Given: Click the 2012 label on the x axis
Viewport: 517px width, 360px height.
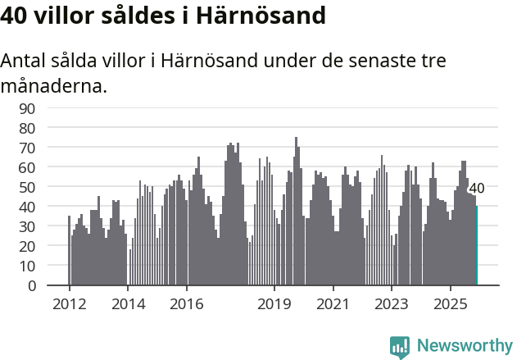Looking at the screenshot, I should point(69,303).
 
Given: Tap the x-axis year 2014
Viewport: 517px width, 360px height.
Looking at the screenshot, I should point(128,303).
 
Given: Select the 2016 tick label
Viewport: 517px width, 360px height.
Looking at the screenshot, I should point(187,303).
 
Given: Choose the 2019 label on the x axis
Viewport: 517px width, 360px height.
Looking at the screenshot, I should point(274,303).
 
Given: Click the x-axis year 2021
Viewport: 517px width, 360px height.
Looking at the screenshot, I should point(333,303).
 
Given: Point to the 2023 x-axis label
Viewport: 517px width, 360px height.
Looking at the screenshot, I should point(392,303).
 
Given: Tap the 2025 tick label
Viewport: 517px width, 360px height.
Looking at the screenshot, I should point(451,303).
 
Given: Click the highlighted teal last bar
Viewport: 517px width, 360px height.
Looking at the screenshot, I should point(476,246).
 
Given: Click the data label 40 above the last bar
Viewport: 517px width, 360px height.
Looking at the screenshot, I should point(476,189).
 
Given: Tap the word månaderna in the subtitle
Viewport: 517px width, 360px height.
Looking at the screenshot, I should point(54,85).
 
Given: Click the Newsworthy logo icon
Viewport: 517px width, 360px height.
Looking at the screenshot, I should point(400,347).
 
